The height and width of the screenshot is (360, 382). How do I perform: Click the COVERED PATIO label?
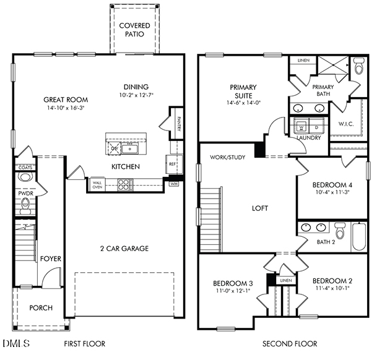click(x=134, y=29)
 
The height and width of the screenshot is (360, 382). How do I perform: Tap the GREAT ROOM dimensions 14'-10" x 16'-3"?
click(x=66, y=108)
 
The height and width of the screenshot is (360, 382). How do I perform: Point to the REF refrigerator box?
click(x=172, y=165)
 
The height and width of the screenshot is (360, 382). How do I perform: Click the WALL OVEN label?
click(x=97, y=184)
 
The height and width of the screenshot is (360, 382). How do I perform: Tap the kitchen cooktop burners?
click(x=125, y=184)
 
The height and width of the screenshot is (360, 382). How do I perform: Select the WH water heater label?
click(x=174, y=184)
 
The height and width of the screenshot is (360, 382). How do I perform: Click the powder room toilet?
click(x=25, y=177)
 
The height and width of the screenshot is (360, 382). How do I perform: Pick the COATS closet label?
click(x=25, y=167)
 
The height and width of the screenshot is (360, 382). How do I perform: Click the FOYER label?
click(x=51, y=259)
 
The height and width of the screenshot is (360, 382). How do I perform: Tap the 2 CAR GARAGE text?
click(x=124, y=249)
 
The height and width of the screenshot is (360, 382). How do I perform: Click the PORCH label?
click(x=41, y=307)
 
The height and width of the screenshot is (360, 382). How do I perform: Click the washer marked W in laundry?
click(x=302, y=127)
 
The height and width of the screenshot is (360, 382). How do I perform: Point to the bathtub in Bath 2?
click(x=358, y=236)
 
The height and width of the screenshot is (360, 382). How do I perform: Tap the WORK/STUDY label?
click(x=227, y=157)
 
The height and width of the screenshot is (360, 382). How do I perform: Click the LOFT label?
click(x=260, y=208)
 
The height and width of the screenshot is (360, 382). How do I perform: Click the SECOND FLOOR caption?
click(x=289, y=343)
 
